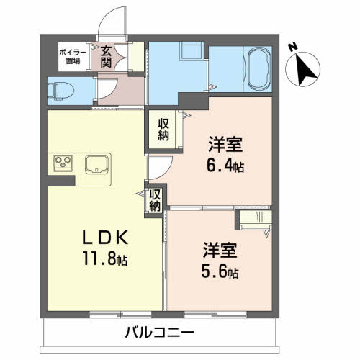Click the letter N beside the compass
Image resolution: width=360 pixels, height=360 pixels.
tap(293, 47)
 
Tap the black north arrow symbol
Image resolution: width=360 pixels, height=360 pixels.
tap(306, 68)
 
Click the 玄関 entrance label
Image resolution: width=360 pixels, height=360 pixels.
tap(106, 57)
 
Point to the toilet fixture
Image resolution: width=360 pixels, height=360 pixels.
tap(56, 90)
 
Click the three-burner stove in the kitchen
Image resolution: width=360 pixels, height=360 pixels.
tap(63, 163)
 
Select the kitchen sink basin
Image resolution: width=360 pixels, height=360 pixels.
tap(96, 164)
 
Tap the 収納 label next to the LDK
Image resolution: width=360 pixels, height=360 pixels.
tap(155, 199)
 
